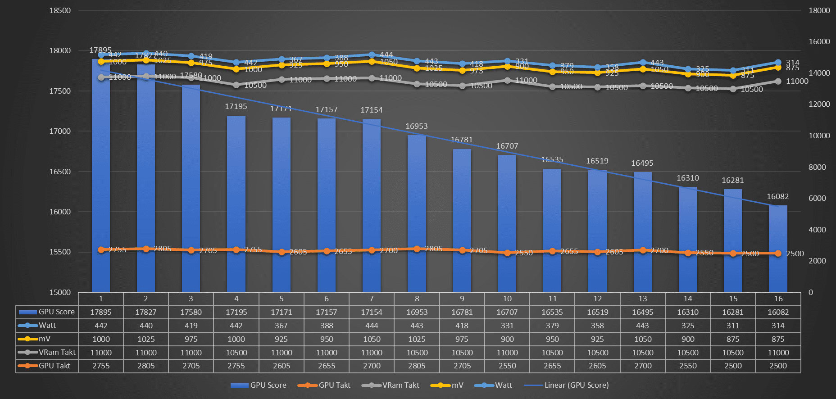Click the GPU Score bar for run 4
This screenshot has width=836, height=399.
(236, 203)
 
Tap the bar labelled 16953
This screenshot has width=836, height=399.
(417, 212)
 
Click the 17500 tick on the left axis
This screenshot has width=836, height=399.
(60, 91)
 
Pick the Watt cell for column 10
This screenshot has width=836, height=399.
(507, 326)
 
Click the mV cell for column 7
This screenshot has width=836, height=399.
(372, 339)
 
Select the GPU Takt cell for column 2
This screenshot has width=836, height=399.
(146, 366)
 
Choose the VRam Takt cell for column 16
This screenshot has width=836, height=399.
(778, 353)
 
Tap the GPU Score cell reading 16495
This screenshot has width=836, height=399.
(642, 312)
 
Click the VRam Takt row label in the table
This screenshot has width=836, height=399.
(47, 352)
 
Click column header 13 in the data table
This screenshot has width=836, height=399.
(642, 299)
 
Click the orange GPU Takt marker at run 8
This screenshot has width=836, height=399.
(417, 249)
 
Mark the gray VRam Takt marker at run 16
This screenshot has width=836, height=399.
(778, 82)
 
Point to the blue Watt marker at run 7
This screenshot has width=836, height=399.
(372, 55)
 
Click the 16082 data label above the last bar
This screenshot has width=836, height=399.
(777, 196)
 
